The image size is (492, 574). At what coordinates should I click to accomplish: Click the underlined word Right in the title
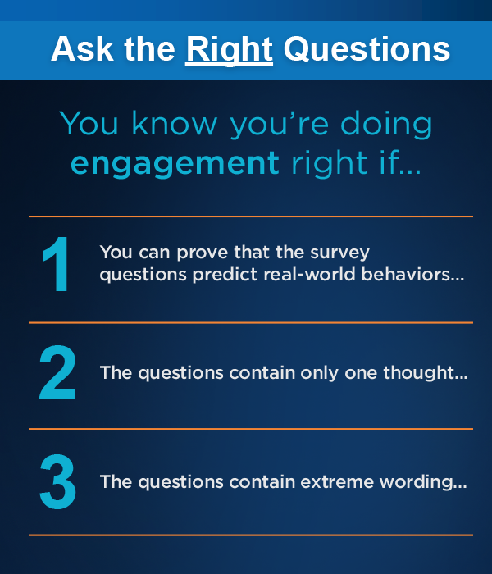coord(229,50)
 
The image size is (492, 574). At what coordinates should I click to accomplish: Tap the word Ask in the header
coord(82,48)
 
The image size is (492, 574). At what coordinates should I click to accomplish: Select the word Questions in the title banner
coord(367,49)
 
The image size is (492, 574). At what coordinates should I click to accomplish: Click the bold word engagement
coord(175,164)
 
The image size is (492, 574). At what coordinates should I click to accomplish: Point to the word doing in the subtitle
coord(386,125)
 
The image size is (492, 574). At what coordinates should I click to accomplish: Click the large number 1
coord(56,264)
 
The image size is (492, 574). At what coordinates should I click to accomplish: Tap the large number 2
coord(57,372)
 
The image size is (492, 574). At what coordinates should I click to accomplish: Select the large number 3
coord(58,481)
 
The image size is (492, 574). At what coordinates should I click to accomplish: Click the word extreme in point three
coord(337,482)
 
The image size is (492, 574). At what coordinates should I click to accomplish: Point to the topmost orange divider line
coord(251,216)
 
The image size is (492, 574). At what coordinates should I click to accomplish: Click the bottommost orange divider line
coord(251,535)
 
